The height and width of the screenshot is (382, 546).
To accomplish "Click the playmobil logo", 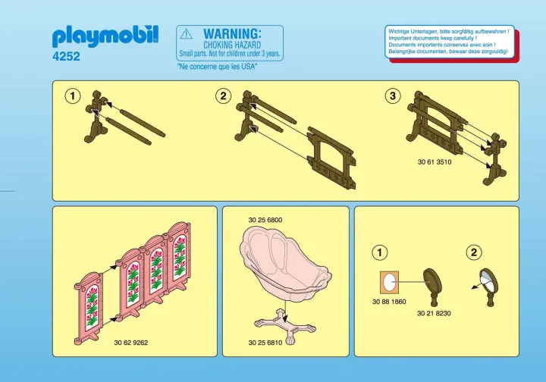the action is tap(105, 36).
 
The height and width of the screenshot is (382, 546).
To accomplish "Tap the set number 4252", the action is tap(66, 56).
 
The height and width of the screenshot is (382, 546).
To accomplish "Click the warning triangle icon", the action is tap(187, 34).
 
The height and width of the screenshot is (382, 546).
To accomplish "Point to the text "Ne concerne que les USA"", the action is tap(217, 67).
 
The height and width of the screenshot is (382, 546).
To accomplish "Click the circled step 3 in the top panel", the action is tap(393, 95).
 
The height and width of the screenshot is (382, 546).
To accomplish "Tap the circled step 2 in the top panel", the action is tap(223, 95).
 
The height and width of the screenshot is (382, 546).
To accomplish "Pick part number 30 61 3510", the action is tap(435, 161).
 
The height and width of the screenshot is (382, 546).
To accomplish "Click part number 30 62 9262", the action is tap(131, 343).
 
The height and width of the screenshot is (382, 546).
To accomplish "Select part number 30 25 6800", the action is tap(265, 220).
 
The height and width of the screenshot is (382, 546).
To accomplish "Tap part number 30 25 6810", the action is tap(265, 343).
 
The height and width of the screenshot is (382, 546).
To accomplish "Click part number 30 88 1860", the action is tap(389, 302).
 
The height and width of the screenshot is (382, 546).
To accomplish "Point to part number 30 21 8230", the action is tap(434, 314).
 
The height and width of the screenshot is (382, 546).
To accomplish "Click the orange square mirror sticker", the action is tap(389, 282).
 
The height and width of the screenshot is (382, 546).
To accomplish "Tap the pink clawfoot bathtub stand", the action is tap(285, 326).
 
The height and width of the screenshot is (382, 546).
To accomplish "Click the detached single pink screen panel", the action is tap(89, 308).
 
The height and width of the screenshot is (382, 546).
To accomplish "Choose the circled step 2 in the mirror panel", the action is tap(473, 252).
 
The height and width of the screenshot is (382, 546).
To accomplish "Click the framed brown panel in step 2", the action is tap(331, 157).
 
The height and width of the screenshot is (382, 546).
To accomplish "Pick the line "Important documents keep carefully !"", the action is tap(433, 38).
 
